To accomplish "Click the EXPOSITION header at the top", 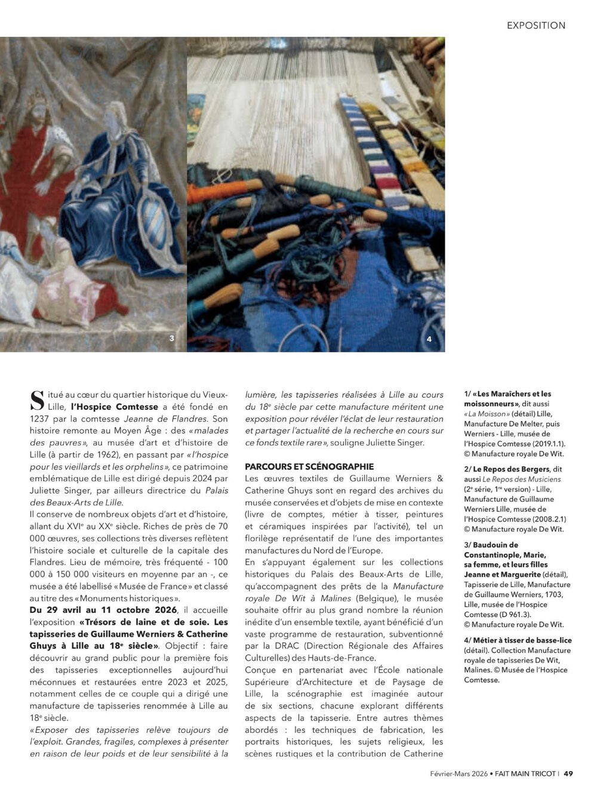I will [x=536, y=25].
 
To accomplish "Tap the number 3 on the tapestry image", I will [x=172, y=339].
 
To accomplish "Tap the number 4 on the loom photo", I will [x=429, y=339].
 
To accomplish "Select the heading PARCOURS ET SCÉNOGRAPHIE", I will [x=309, y=466].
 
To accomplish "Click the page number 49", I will [x=568, y=773].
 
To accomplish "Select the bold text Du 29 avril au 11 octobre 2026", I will [x=103, y=610].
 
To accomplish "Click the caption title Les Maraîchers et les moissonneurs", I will [x=507, y=398].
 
